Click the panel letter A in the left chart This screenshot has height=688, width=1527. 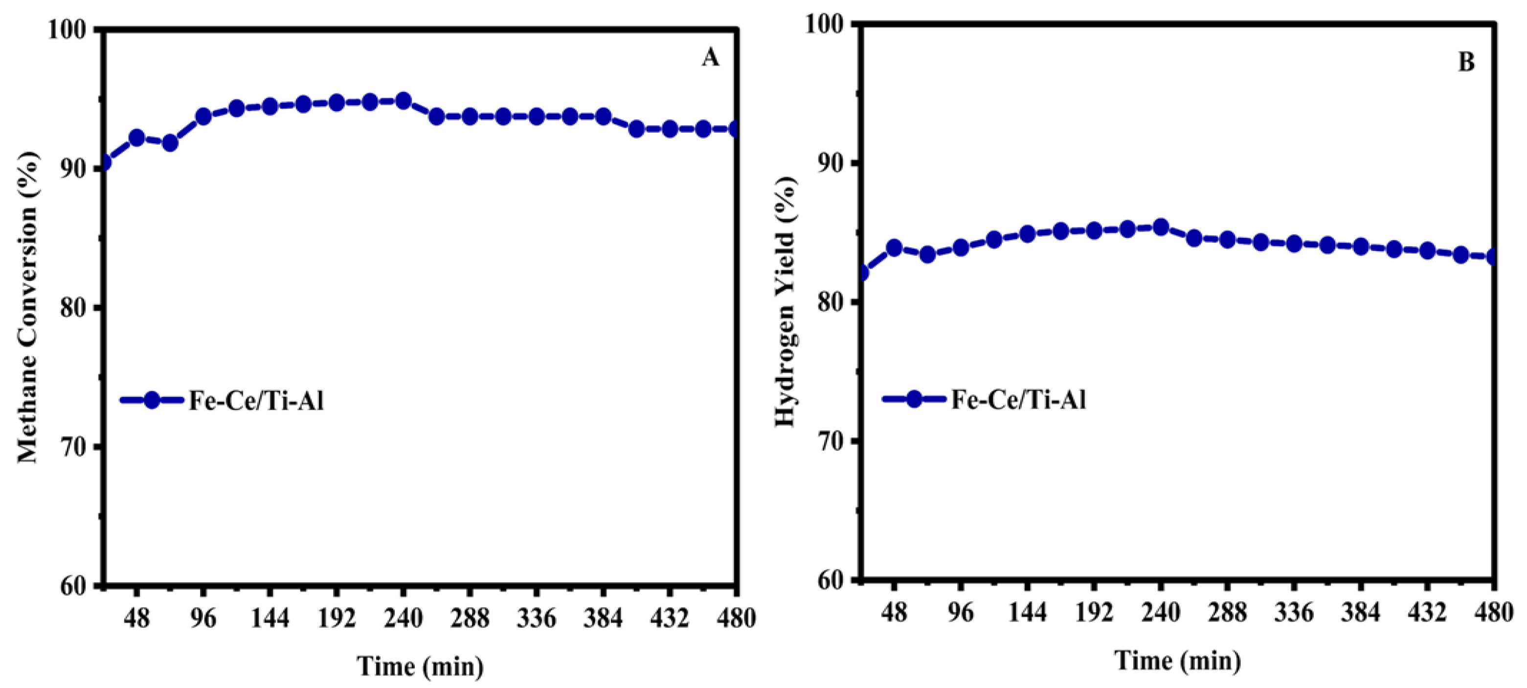710,58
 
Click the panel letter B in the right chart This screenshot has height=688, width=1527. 1466,62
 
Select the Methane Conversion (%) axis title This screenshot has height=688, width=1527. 27,307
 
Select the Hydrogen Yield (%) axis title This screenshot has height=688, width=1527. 786,301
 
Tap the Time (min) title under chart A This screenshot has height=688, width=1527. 420,666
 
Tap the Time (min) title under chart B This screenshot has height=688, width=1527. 1177,661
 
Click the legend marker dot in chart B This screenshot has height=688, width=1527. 914,399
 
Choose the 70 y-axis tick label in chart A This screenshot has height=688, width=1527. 73,447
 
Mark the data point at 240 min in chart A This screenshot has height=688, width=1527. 403,101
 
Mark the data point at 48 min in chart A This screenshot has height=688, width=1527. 137,138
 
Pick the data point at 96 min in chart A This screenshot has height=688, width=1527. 203,116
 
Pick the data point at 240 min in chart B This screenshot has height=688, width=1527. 1161,227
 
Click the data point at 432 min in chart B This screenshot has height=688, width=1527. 1427,250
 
